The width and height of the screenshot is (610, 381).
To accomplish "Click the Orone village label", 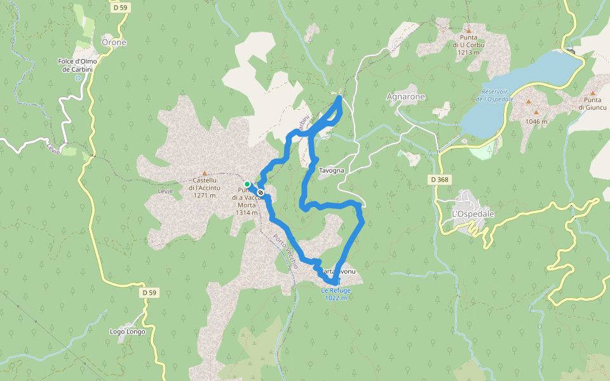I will tap(114, 43).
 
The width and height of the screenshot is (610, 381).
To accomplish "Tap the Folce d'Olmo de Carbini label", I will tap(78, 65).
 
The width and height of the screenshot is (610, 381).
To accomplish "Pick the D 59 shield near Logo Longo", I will tap(149, 293).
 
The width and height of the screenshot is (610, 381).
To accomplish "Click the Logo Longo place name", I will tap(127, 331).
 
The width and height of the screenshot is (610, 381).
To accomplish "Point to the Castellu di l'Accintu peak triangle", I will tap(205, 173).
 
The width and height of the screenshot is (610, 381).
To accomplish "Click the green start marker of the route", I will tap(247, 184).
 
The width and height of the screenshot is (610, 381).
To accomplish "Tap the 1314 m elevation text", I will tap(247, 213).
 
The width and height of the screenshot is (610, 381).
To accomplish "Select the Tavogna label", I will tap(331, 171).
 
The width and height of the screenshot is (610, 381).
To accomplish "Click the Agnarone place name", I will tap(405, 97).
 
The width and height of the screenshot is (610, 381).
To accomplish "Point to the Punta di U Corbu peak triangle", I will tap(469, 30).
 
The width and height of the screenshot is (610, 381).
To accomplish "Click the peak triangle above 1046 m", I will tap(528, 102).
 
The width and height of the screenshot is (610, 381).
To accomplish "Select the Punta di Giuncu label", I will tap(590, 104).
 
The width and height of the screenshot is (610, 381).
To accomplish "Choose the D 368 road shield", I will tap(439, 180).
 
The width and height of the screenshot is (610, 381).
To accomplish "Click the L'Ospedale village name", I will tap(472, 214).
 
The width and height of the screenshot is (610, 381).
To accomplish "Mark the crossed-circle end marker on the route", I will tap(261, 193).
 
